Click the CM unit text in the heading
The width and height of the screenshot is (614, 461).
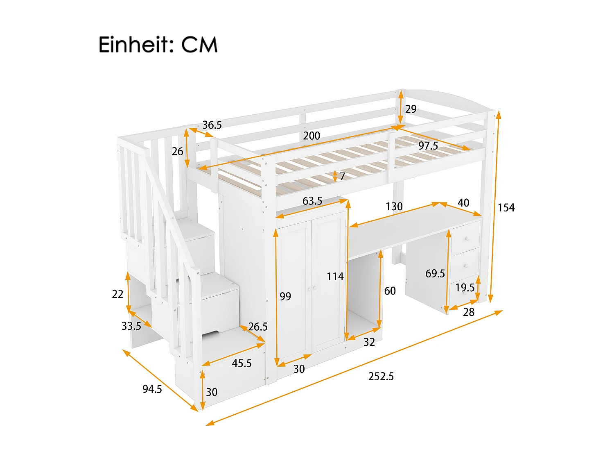(x=199, y=45)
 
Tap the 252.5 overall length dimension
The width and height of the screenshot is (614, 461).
(x=381, y=376)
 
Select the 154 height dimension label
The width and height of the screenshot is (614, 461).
(x=506, y=208)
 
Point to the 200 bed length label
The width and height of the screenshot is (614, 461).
(x=312, y=136)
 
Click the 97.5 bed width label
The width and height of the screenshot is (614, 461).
(x=428, y=146)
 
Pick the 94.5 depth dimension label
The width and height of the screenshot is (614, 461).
(x=152, y=389)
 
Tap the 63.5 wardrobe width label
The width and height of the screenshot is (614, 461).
(x=312, y=201)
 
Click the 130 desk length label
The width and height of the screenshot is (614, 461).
(x=394, y=207)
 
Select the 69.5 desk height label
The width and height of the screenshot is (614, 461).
(x=435, y=273)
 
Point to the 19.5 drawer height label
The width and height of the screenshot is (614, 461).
(x=465, y=288)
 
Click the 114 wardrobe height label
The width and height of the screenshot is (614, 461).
(x=335, y=277)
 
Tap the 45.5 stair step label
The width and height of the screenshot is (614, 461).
(x=242, y=363)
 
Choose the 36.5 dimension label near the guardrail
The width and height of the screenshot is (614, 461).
(x=212, y=125)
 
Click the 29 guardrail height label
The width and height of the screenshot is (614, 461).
(x=411, y=109)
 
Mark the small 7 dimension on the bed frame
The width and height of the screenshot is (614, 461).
(x=342, y=177)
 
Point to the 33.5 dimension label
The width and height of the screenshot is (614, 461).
(x=131, y=326)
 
